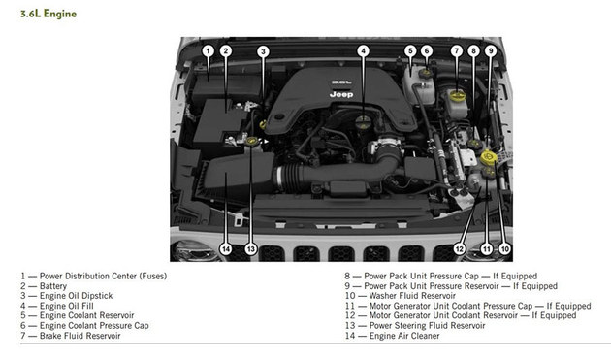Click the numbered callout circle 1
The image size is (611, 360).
pos(209,51)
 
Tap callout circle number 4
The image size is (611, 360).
pos(363,51)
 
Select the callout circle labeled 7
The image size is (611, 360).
pos(456,51)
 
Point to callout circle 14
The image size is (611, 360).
pos(226,248)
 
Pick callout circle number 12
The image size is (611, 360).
pos(460,248)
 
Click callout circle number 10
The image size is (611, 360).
pos(504,248)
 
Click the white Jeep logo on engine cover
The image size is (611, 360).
pos(341,94)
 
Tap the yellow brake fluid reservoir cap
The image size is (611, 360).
pos(457,95)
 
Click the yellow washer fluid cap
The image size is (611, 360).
pos(488,157)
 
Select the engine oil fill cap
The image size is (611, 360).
pos(363,121)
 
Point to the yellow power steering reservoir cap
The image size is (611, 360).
pos(252,141)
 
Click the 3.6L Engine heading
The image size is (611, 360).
pos(48,14)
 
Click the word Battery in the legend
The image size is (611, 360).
pos(53,286)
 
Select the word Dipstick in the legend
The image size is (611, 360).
pos(97,296)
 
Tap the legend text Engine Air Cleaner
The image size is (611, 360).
pos(404,336)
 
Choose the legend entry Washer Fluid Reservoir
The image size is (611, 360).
pos(412,296)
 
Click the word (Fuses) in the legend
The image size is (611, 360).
pos(153,276)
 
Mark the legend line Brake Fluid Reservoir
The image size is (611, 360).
pos(80,336)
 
